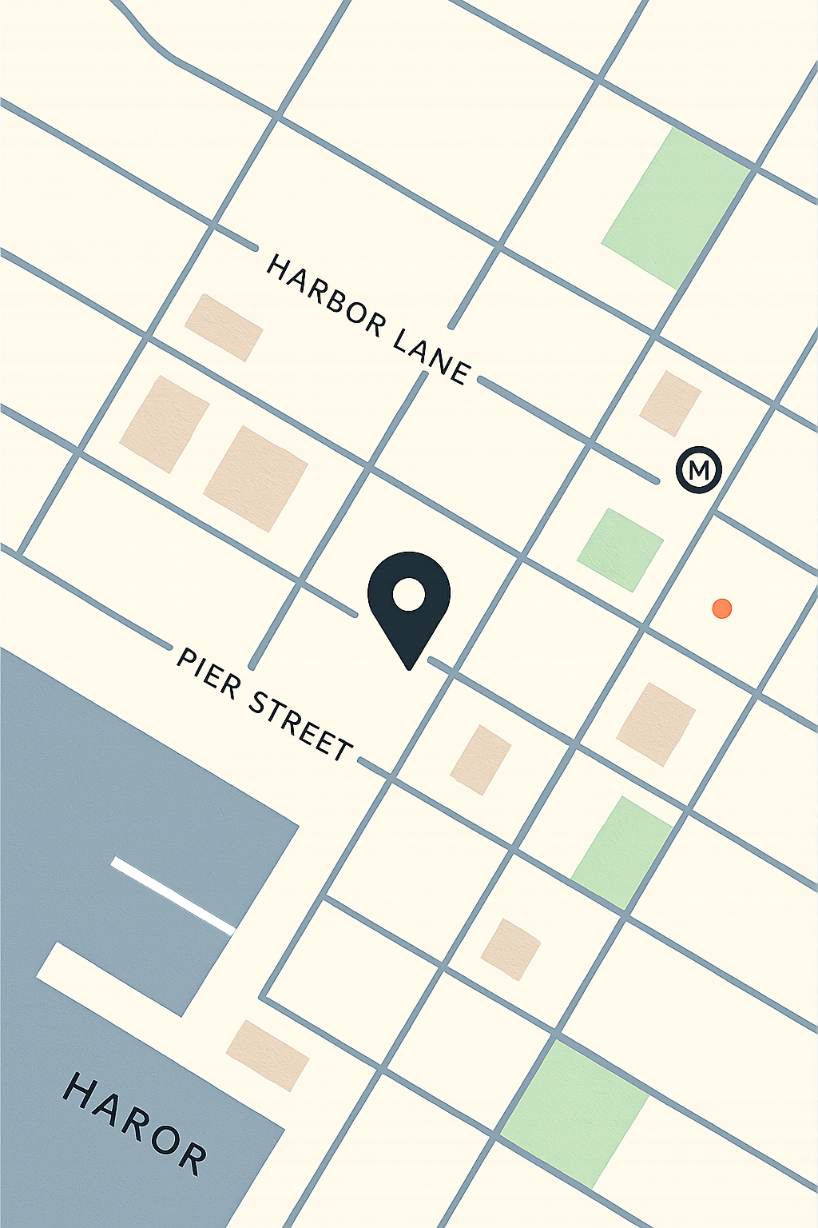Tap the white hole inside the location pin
409,595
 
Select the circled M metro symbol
699,469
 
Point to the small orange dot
722,608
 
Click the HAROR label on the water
135,1123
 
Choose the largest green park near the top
675,207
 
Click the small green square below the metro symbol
621,550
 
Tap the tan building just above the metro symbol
670,403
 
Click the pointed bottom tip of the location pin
409,667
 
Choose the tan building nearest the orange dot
656,724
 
